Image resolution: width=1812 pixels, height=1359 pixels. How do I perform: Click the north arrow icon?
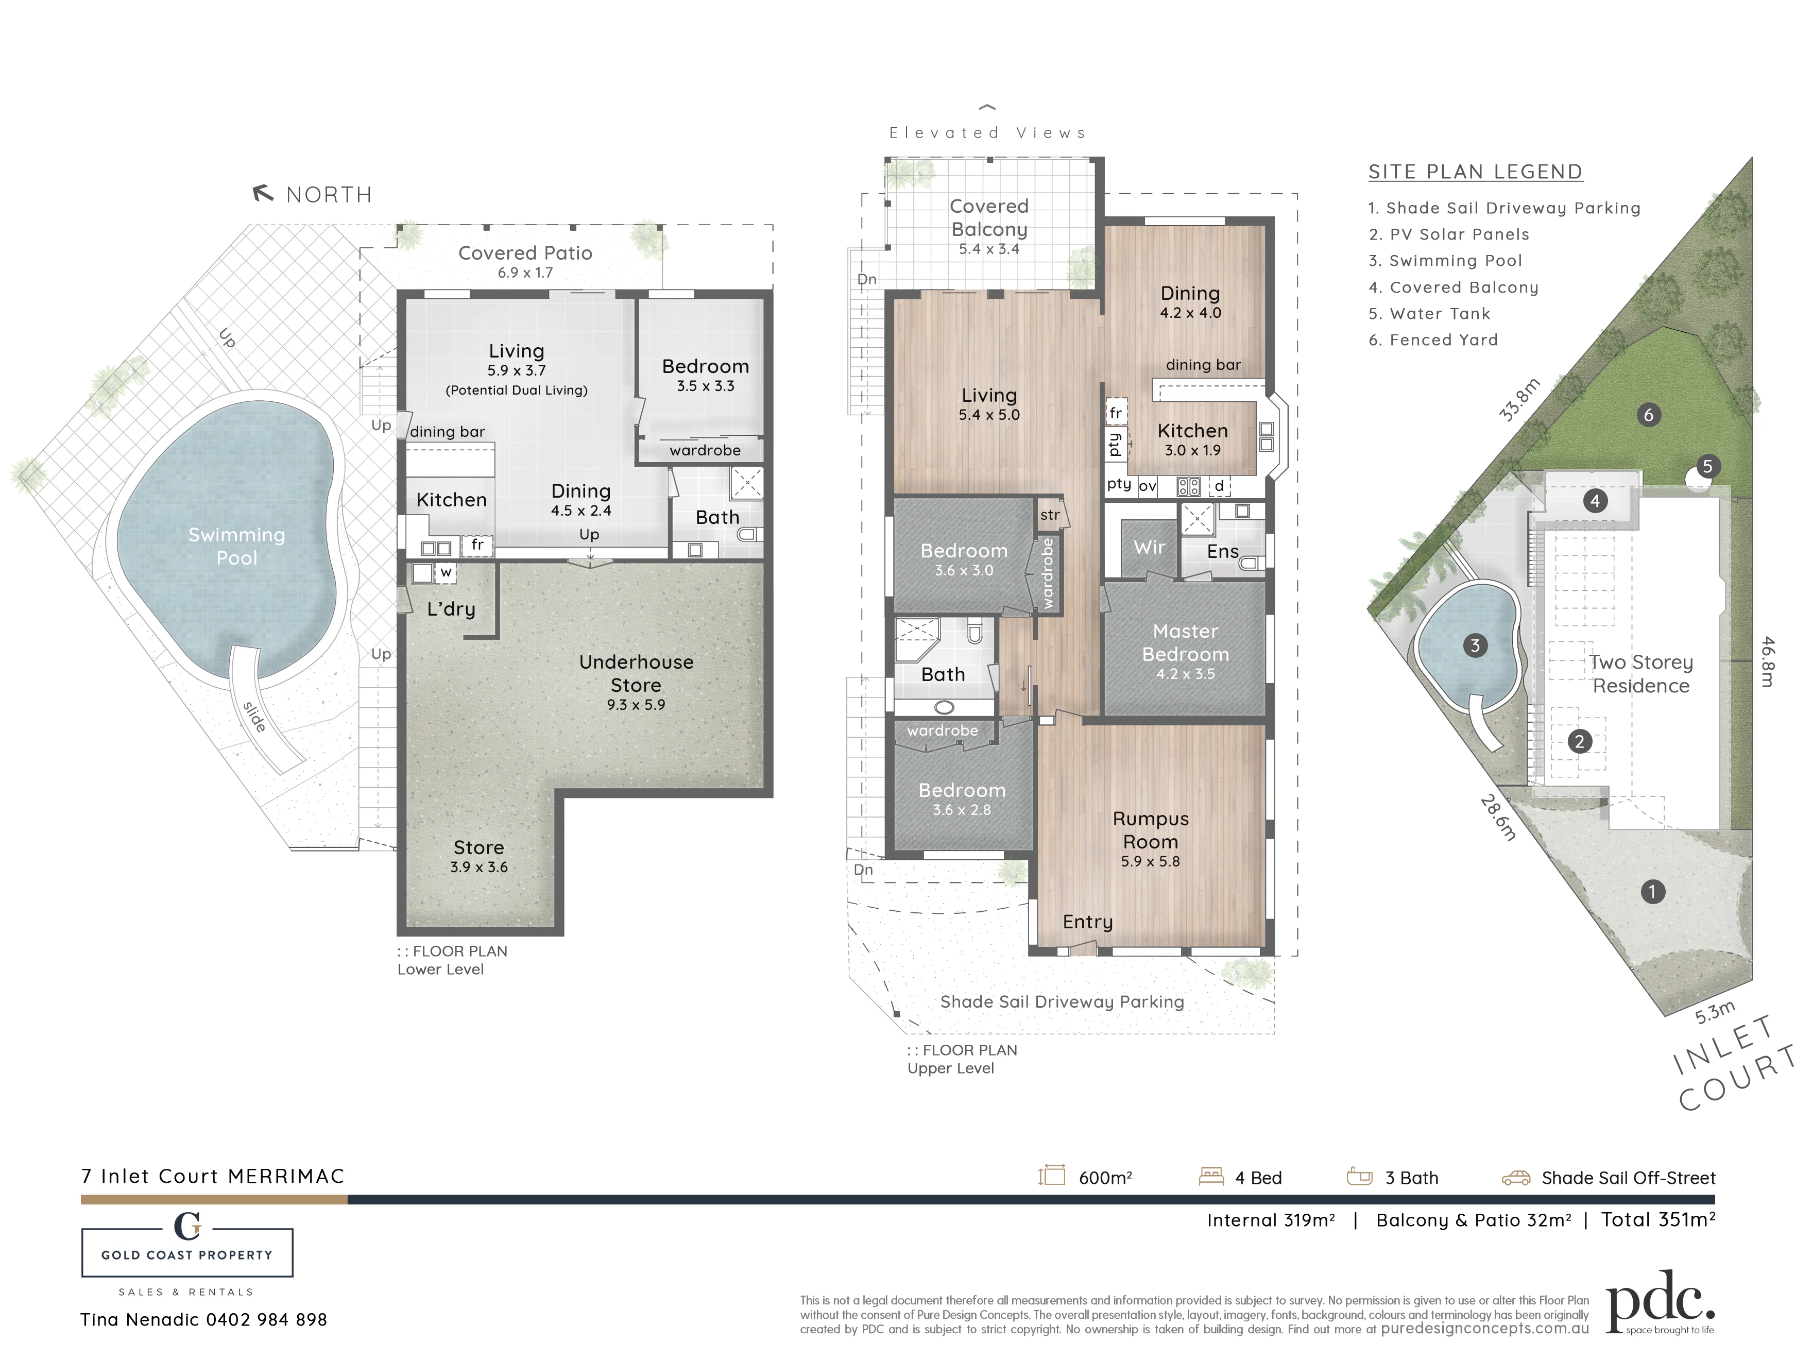pos(262,193)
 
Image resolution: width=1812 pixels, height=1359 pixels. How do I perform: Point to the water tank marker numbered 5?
pos(1707,467)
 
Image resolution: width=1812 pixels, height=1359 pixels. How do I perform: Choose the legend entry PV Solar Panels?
pos(1449,234)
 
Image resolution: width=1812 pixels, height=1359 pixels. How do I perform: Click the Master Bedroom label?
pos(1185,643)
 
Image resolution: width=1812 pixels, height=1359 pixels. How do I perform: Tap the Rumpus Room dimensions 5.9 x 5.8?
pos(1150,861)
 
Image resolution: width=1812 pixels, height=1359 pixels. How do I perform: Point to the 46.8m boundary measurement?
pos(1767,662)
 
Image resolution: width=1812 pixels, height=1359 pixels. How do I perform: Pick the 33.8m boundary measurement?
pos(1519,400)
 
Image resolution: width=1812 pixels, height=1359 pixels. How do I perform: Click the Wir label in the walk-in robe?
pos(1149,547)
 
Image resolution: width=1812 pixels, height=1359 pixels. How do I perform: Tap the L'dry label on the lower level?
pos(451,608)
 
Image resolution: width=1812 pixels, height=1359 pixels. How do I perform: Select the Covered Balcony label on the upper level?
pos(989,218)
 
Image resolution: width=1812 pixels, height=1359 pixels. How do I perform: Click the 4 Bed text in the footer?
pos(1258,1178)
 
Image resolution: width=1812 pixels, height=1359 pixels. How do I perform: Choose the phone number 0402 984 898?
pos(266,1320)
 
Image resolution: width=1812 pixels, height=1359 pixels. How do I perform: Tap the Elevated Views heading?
pos(988,133)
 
